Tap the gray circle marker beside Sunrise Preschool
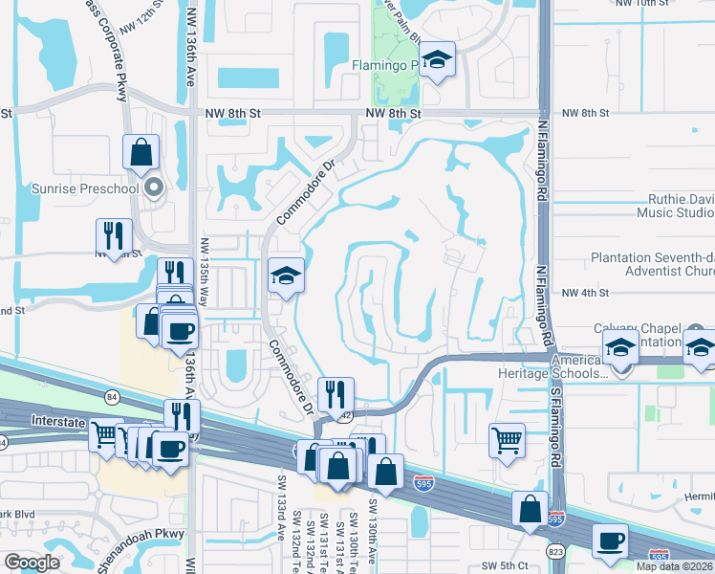[x=152, y=188]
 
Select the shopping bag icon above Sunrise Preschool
[x=141, y=152]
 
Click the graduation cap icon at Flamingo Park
[x=437, y=61]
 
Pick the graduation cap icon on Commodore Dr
[x=286, y=276]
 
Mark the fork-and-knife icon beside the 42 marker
[x=336, y=393]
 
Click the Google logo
[x=32, y=563]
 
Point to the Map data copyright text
[x=675, y=566]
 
